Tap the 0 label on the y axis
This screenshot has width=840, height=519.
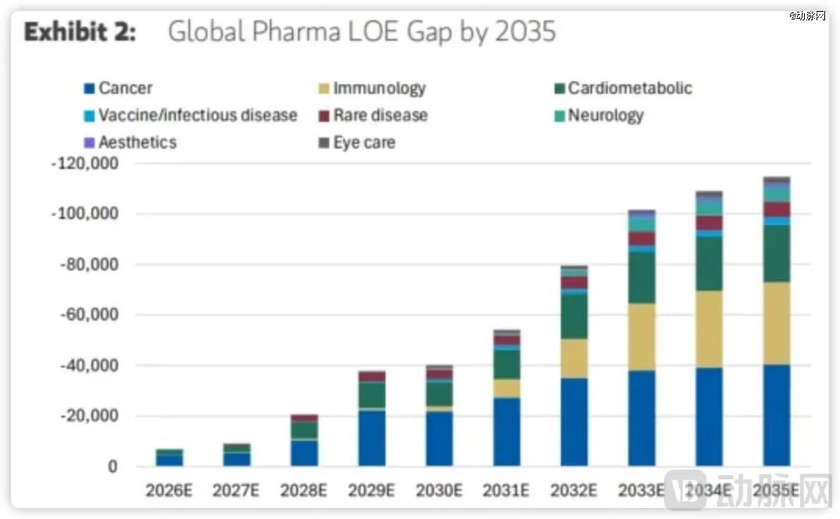112,467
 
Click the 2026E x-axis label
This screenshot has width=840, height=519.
170,491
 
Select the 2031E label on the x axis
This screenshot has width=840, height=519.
506,491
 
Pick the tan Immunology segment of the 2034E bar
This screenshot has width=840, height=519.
709,329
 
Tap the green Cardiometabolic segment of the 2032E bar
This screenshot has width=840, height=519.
574,317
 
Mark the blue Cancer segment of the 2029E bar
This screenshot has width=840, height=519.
372,438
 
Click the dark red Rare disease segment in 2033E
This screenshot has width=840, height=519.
641,239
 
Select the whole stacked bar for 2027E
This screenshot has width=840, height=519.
237,456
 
